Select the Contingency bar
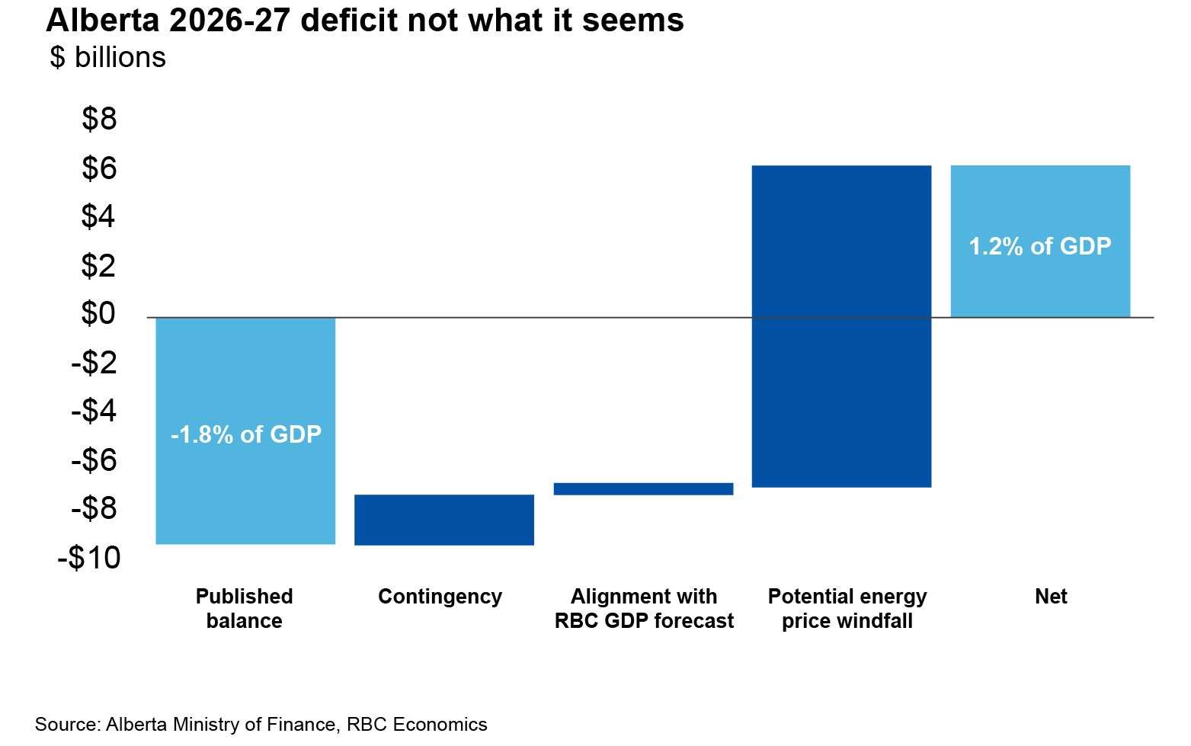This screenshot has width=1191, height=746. click(x=444, y=520)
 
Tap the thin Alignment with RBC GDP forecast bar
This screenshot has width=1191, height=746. click(x=643, y=489)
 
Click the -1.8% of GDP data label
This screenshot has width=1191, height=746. click(x=246, y=434)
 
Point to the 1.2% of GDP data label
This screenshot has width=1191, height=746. click(x=1040, y=246)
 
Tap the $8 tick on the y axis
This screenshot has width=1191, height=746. click(x=99, y=119)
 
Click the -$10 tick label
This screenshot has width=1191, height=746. click(x=89, y=558)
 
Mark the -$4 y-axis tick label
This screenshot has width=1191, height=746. click(x=94, y=411)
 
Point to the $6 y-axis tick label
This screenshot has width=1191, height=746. click(x=99, y=168)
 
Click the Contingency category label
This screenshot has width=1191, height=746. click(x=440, y=596)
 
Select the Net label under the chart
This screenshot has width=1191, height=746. click(x=1051, y=596)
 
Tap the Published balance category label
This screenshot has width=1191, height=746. click(x=244, y=608)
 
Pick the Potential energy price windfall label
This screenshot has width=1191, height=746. click(x=847, y=608)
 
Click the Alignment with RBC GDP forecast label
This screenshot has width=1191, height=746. click(x=644, y=608)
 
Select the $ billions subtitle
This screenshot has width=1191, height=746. click(x=107, y=58)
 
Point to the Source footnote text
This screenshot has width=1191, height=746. click(x=261, y=724)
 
